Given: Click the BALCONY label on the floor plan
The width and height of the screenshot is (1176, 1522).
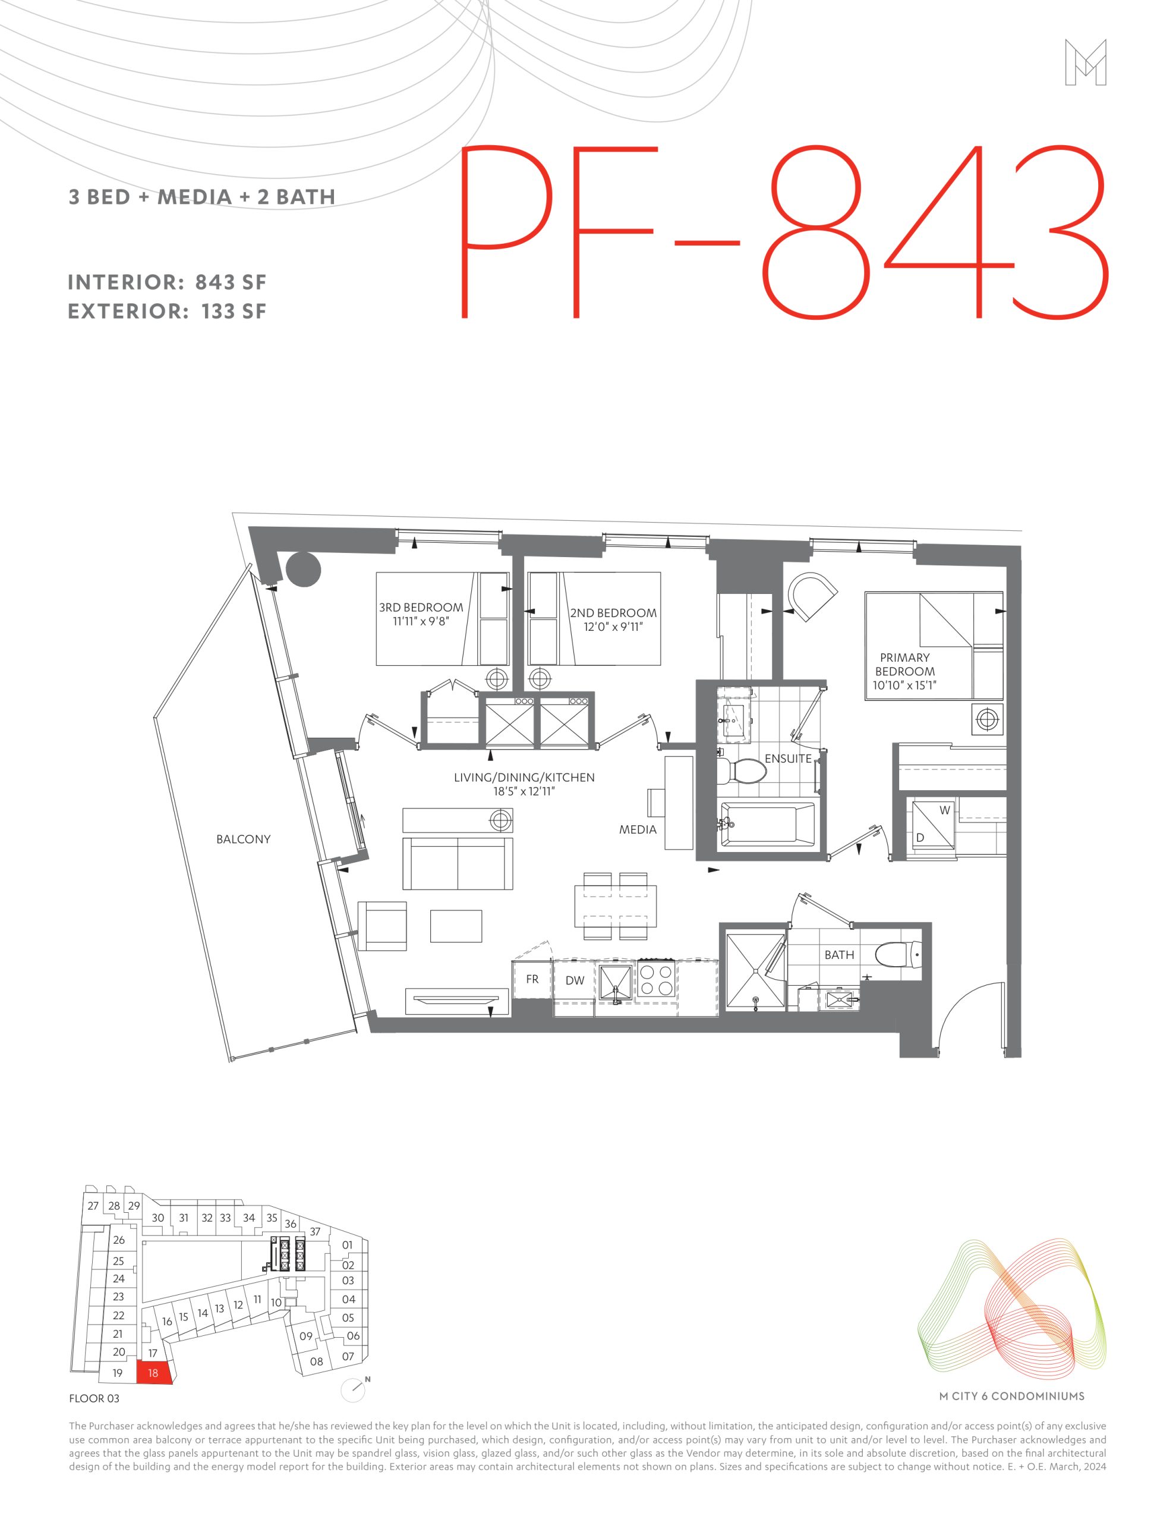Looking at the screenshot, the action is [243, 839].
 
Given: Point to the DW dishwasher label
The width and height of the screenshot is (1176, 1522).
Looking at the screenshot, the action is [575, 980].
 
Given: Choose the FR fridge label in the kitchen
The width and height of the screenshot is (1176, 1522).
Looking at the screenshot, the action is [532, 979].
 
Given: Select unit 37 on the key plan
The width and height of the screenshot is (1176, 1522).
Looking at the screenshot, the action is [315, 1231].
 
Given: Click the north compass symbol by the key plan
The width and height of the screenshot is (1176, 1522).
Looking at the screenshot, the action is [355, 1389].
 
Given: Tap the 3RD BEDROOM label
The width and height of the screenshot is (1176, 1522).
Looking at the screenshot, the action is [421, 608].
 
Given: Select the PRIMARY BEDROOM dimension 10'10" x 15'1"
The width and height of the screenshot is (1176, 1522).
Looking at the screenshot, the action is [904, 685].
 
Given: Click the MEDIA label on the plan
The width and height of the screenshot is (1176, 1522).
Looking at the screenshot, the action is [638, 829].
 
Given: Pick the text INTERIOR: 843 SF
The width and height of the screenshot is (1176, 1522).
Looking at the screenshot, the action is [167, 282].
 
